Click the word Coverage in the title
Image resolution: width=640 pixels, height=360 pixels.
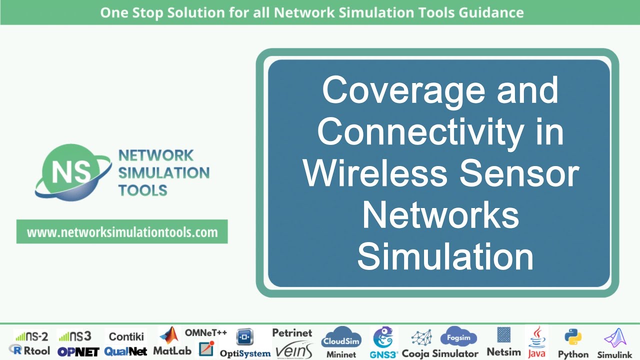click(403, 90)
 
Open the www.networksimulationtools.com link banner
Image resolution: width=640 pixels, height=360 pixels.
click(122, 232)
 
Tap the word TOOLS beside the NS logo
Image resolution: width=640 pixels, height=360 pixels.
click(142, 190)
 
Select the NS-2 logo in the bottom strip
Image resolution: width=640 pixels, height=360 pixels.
click(31, 336)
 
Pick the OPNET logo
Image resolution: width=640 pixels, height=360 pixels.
click(78, 351)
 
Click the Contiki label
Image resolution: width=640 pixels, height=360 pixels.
click(126, 336)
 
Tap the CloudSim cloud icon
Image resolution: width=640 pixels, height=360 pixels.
click(341, 338)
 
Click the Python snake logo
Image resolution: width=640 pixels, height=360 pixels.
click(572, 337)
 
